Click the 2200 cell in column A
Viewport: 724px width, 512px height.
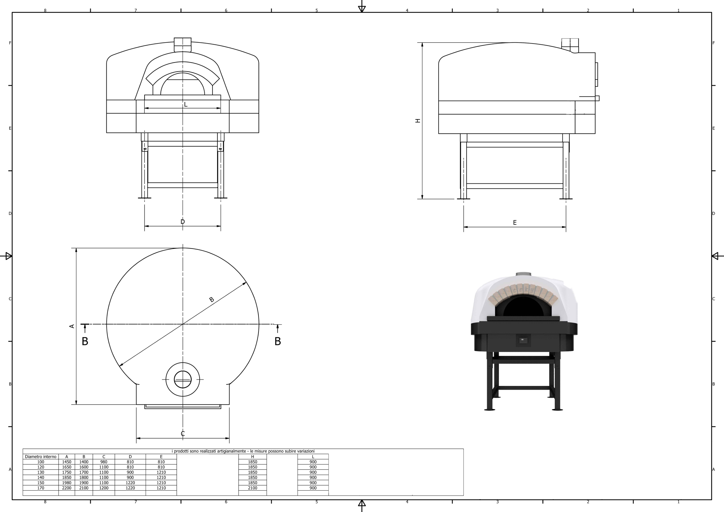67,488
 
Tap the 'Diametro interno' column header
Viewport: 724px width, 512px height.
41,457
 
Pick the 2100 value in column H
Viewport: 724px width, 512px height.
252,488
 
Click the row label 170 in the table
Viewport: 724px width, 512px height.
41,488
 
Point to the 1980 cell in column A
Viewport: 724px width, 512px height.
67,483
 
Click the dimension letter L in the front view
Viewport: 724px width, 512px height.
186,104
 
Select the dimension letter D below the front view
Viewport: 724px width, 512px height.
183,222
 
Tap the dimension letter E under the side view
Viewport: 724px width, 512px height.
515,223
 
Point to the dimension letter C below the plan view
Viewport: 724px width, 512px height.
183,434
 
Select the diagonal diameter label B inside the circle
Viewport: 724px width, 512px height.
212,299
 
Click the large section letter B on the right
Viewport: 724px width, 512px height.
277,341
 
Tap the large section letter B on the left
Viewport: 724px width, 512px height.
85,341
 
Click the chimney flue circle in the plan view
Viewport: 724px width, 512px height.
183,379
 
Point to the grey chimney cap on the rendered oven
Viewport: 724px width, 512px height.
524,274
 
